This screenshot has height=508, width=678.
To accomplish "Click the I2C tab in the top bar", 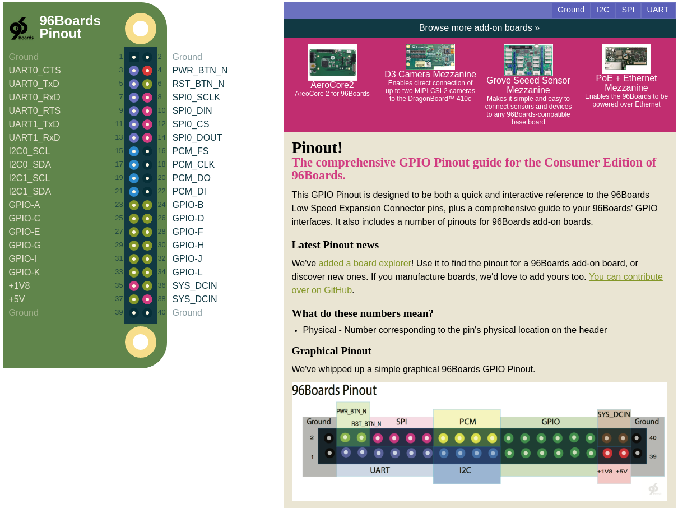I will point(603,10).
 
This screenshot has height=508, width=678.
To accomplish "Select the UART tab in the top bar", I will point(657,10).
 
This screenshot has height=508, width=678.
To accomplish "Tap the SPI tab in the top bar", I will point(628,10).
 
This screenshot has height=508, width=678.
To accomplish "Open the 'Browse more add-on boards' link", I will point(479,28).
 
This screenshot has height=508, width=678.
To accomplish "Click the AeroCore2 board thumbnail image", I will point(332,62).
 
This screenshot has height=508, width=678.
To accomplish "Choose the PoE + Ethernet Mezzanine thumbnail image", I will point(626,58).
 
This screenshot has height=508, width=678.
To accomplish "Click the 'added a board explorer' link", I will point(365,264).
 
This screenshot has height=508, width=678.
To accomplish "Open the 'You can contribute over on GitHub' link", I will point(625,277).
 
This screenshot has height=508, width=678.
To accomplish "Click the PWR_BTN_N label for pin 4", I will point(199,71).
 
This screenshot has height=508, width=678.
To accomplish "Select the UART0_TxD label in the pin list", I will point(34,84).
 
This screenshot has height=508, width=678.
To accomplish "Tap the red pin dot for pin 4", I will point(147,71).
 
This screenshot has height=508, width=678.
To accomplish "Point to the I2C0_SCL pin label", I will point(29,151).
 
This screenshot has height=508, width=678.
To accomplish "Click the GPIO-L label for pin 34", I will point(187,273).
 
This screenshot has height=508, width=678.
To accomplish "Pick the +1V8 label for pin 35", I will point(19,286).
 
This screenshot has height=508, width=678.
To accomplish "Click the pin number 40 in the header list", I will point(161,312).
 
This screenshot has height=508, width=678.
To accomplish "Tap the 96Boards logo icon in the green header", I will point(21,28).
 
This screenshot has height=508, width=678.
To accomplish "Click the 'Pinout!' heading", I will point(317,148).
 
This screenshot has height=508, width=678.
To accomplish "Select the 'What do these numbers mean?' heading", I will point(363,313).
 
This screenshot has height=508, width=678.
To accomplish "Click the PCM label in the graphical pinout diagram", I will point(467,422).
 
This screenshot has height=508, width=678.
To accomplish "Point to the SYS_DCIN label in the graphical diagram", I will point(614,415).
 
